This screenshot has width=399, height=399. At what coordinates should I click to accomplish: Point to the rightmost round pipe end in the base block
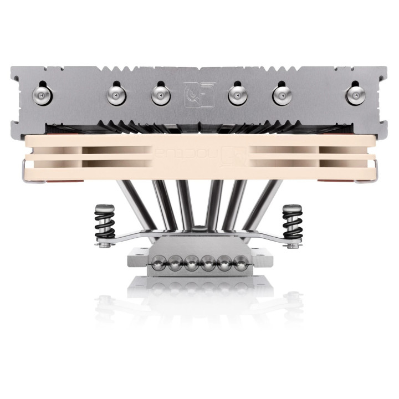(x=240, y=261)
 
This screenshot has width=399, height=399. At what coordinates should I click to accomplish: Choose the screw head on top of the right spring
(x=291, y=207)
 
